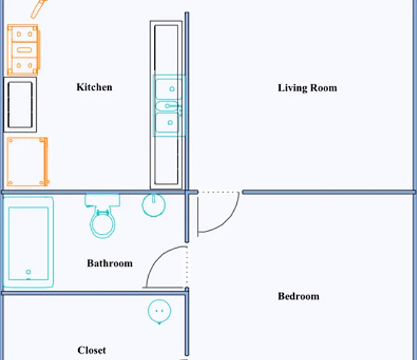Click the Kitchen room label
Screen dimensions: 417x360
[x=94, y=87]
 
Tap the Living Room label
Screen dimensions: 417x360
[x=308, y=88]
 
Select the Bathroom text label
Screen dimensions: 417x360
[x=110, y=263]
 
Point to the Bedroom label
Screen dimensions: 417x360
[x=298, y=296]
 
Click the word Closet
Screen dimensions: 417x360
[x=92, y=350]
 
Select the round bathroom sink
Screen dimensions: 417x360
[x=154, y=205]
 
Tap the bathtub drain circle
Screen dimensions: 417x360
[x=28, y=272]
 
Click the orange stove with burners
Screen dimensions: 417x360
[x=24, y=50]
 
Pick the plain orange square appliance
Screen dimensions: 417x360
[x=28, y=162]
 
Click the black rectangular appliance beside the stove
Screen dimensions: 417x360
[x=20, y=105]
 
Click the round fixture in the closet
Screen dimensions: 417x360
[x=159, y=311]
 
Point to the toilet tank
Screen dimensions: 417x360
[x=103, y=201]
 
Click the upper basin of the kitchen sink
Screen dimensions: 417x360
[x=169, y=89]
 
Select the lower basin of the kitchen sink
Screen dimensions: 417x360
[x=168, y=122]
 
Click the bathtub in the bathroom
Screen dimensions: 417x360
[x=28, y=242]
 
